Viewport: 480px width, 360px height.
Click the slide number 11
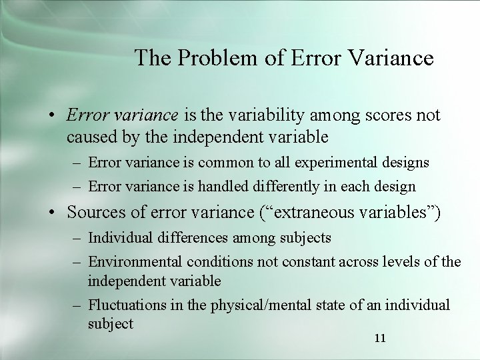coord(380,339)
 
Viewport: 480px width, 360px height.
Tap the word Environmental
coord(135,262)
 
